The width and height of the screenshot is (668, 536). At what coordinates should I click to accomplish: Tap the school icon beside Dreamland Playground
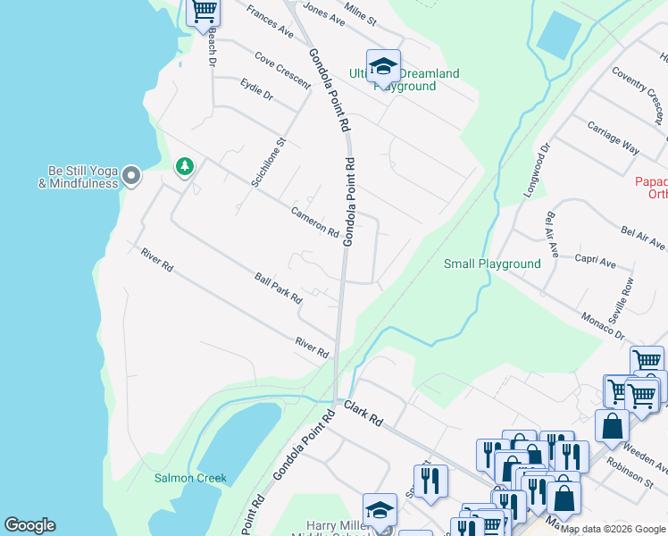pos(383,66)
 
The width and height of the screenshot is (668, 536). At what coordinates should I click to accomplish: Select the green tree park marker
pos(185,166)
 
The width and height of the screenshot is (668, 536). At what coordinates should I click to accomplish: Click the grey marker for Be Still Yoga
pos(131,176)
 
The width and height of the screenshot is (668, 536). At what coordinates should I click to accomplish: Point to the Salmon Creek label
pos(190,478)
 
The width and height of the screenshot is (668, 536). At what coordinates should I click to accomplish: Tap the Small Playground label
pos(492,264)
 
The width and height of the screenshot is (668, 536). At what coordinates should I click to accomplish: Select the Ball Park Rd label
pos(279,288)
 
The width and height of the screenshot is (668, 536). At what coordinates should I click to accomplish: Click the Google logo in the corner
pos(29,525)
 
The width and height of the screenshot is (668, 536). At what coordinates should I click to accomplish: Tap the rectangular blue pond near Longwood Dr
pos(558,35)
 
